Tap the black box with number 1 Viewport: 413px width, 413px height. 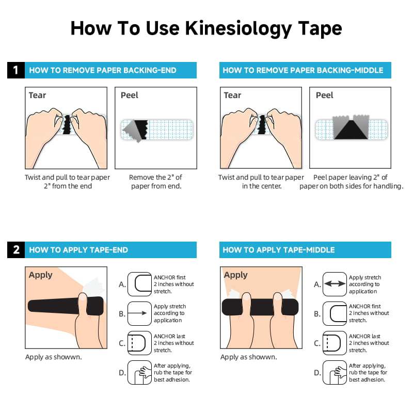click(x=15, y=70)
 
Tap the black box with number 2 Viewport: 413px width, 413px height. click(x=15, y=250)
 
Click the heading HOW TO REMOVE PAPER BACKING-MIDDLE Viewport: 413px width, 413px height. click(x=303, y=70)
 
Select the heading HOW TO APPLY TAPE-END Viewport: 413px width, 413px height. click(x=78, y=250)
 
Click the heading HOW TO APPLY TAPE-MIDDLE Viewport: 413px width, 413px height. click(x=279, y=250)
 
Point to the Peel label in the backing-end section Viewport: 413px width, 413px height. click(x=130, y=95)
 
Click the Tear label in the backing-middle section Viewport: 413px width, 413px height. click(x=232, y=95)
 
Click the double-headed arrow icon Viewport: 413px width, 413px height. click(x=335, y=284)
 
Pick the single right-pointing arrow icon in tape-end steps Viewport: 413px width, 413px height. click(x=139, y=313)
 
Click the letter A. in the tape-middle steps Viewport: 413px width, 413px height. click(x=317, y=284)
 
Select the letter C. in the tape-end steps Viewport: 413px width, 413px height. click(x=122, y=343)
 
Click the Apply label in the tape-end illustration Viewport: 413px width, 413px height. click(x=41, y=275)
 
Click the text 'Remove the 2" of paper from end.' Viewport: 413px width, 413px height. click(x=155, y=182)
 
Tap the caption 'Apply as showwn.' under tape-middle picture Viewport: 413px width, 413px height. click(x=248, y=357)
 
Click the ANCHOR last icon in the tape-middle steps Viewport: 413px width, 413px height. click(x=335, y=343)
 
